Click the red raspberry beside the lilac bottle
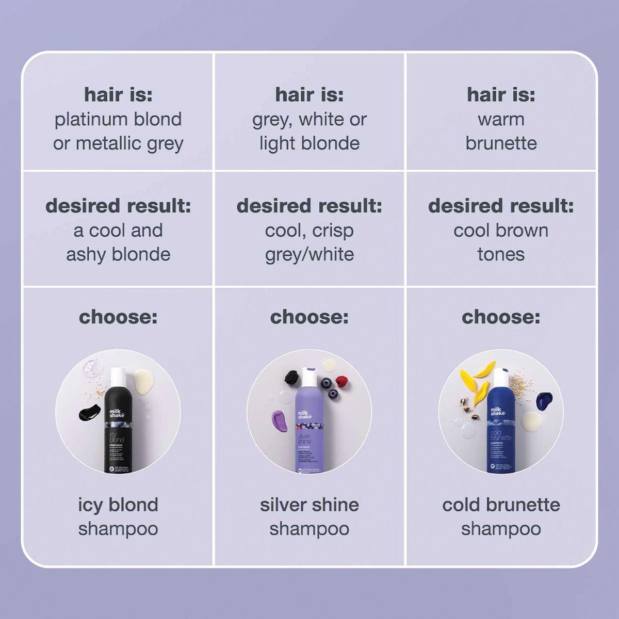coord(341,382)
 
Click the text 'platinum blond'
coord(118,119)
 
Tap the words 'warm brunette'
coord(501,131)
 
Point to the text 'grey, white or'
coord(309,119)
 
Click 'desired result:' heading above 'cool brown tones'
coord(501,206)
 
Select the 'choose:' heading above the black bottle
coord(118,317)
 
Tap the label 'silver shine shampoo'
coord(309,516)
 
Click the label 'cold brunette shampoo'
coord(501,516)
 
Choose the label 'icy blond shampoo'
coord(118,516)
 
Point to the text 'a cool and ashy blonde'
coord(118,242)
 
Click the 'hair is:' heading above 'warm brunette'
coord(501,94)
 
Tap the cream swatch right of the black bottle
coord(143,382)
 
